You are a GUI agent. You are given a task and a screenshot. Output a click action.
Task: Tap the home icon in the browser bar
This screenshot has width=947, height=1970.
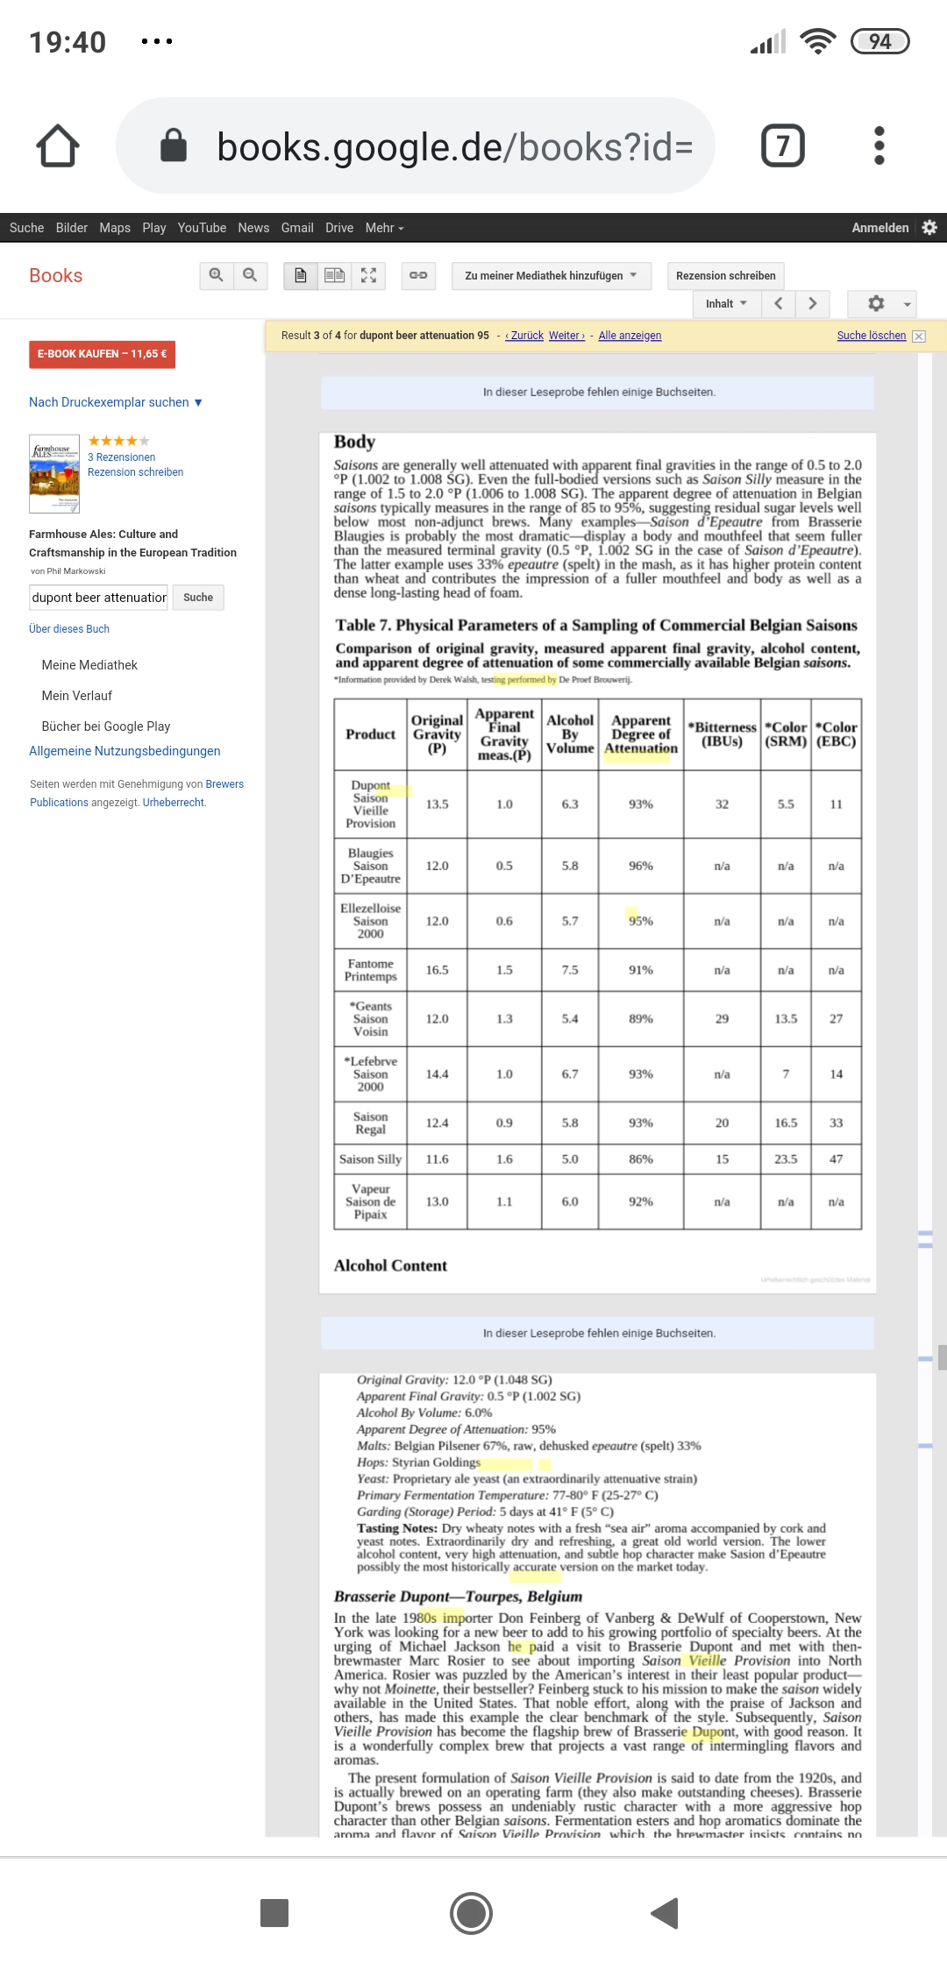(x=58, y=145)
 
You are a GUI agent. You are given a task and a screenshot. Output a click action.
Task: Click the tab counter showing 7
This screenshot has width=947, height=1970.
(x=782, y=145)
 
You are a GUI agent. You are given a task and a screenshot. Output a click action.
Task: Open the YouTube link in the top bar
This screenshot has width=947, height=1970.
(x=202, y=228)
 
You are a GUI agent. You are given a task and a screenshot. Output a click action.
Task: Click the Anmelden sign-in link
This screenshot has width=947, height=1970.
(x=879, y=228)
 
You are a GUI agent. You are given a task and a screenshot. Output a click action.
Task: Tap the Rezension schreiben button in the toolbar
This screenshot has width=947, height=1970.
(x=725, y=275)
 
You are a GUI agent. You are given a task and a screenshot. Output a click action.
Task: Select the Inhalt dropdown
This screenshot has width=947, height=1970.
(x=726, y=303)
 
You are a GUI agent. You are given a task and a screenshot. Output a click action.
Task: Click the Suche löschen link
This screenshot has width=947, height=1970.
(x=871, y=336)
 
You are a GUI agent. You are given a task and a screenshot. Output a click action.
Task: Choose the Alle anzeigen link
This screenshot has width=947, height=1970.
(x=630, y=336)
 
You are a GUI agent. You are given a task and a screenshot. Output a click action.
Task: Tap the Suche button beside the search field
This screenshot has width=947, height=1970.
(x=198, y=598)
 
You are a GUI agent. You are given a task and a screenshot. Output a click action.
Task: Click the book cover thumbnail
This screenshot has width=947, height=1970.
(x=54, y=473)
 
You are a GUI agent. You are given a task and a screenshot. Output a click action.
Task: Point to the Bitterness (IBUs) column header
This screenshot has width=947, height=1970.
(x=722, y=734)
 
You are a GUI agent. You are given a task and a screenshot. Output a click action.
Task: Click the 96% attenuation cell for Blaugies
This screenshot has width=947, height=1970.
(x=640, y=866)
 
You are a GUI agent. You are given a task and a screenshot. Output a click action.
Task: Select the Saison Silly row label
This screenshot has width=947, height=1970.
(x=370, y=1159)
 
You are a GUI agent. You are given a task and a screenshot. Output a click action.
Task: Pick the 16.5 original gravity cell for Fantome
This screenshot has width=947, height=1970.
(x=437, y=970)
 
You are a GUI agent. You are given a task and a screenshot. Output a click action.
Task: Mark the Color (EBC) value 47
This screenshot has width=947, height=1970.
(x=836, y=1159)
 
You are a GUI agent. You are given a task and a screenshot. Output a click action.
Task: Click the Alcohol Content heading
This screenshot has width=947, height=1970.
(x=390, y=1265)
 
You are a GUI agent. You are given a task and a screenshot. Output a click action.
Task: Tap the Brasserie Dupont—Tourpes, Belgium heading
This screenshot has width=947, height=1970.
(x=458, y=1596)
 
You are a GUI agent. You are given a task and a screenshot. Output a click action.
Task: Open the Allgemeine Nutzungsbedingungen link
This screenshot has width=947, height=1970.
(x=125, y=751)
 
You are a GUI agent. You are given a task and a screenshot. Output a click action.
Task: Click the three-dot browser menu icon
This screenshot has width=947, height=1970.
(x=879, y=145)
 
